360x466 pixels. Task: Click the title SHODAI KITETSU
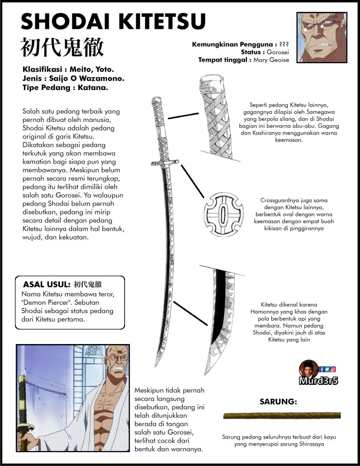pyautogui.click(x=113, y=22)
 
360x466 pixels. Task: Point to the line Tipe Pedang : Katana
pyautogui.click(x=65, y=88)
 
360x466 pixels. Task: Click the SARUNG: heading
pyautogui.click(x=278, y=401)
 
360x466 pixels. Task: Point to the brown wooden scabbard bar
pyautogui.click(x=282, y=415)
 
